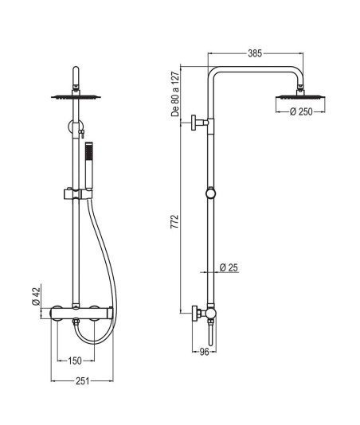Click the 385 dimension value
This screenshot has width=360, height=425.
[255, 53]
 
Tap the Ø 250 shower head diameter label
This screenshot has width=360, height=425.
[301, 111]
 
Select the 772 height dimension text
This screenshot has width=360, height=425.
[175, 221]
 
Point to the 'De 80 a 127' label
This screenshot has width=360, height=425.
[175, 94]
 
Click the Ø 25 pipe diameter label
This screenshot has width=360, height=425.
[229, 267]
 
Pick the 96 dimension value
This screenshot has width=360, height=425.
[204, 352]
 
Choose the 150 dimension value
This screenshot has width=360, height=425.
[75, 361]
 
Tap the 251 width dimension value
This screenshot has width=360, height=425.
[82, 380]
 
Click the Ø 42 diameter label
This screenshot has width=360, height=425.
[37, 296]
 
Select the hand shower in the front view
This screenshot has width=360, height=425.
[89, 165]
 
